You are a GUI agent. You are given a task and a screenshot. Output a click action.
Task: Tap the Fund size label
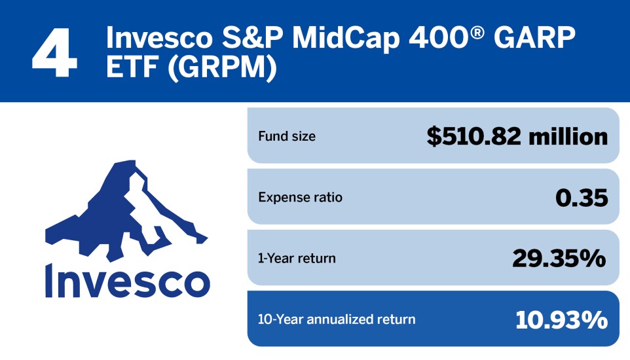point(287,137)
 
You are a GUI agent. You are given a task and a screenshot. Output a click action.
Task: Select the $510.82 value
point(472,137)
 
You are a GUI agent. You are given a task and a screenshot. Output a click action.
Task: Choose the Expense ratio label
point(300,197)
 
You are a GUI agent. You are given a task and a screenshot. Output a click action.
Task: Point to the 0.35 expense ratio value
point(581,198)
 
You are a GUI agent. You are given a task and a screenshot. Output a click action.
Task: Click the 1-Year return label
point(297,258)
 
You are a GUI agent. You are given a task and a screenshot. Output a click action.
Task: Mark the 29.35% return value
point(559,259)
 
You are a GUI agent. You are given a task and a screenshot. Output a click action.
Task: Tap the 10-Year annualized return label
point(337,319)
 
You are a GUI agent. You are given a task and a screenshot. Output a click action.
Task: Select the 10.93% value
point(561,319)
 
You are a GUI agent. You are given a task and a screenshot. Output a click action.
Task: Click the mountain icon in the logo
point(124,209)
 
